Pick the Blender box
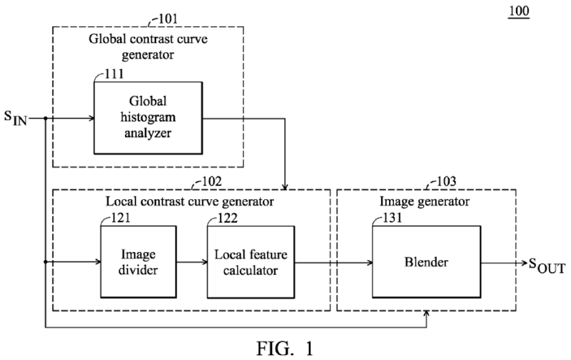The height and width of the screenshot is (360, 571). click(425, 262)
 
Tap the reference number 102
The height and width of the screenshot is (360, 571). click(231, 181)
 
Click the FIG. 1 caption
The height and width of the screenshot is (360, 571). click(286, 346)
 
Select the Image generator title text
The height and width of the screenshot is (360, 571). click(425, 202)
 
